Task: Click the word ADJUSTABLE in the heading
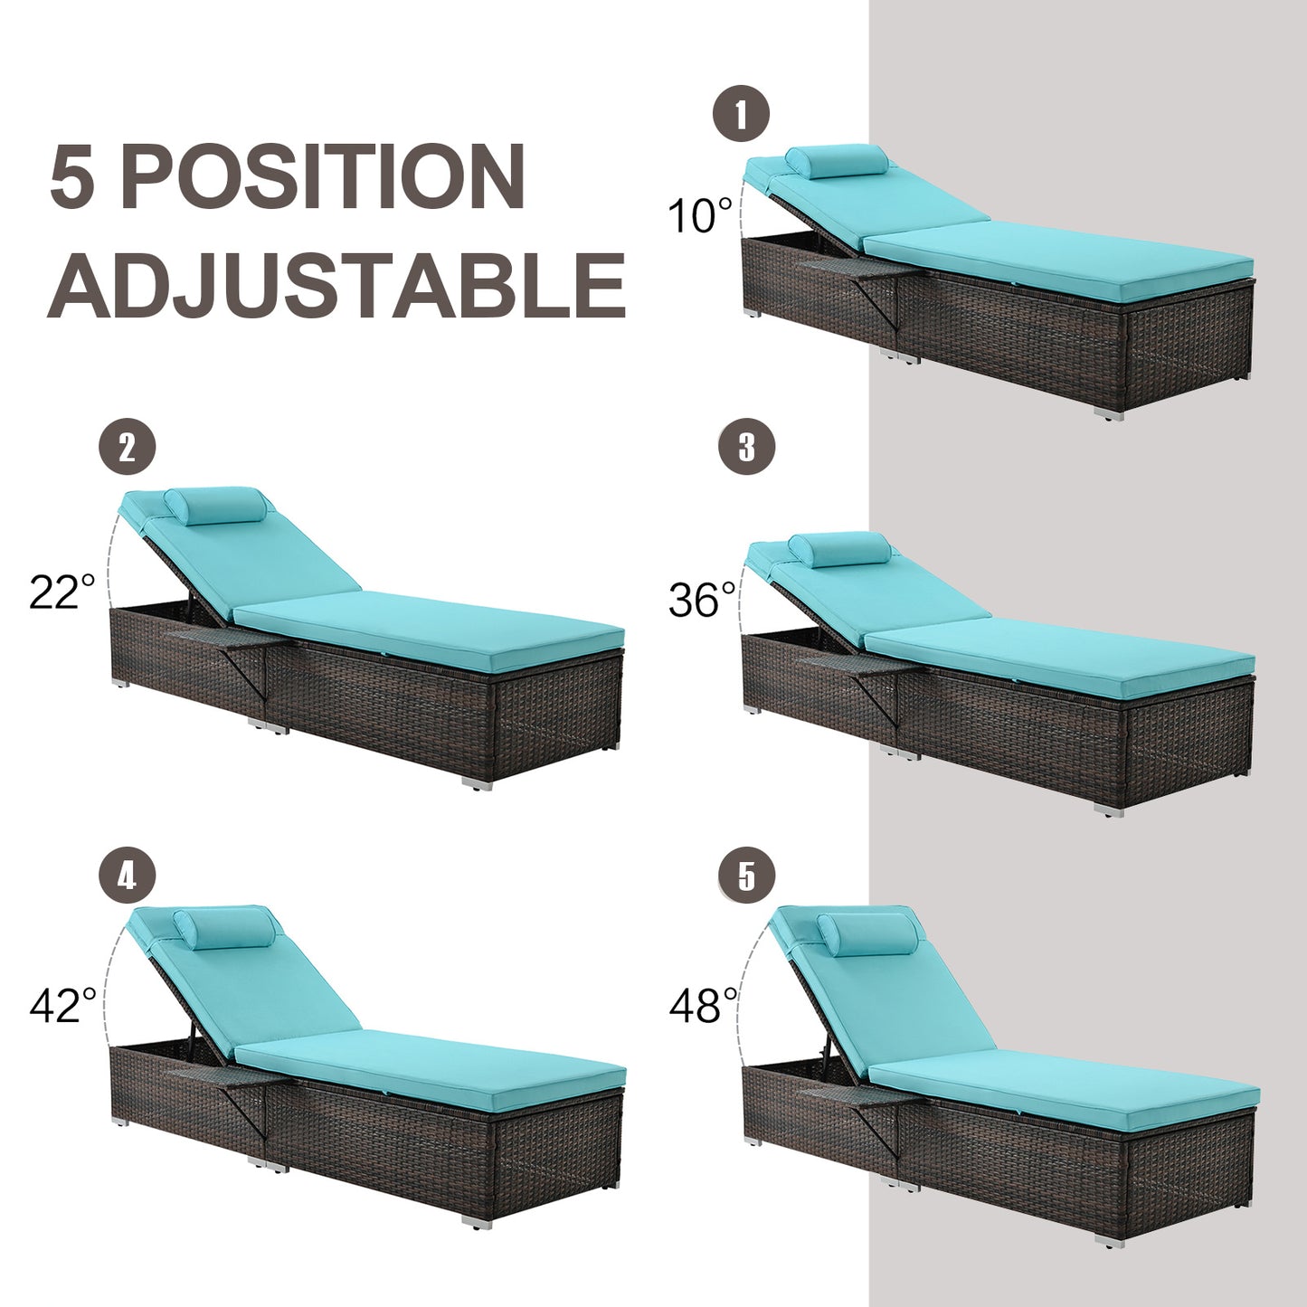click(x=336, y=285)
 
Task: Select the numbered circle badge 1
click(x=741, y=116)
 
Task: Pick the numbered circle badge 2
click(x=127, y=447)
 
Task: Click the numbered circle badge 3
click(x=746, y=447)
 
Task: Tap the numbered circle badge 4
click(x=127, y=876)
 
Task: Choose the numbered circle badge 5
click(x=746, y=876)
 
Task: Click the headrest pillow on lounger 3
click(x=838, y=549)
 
